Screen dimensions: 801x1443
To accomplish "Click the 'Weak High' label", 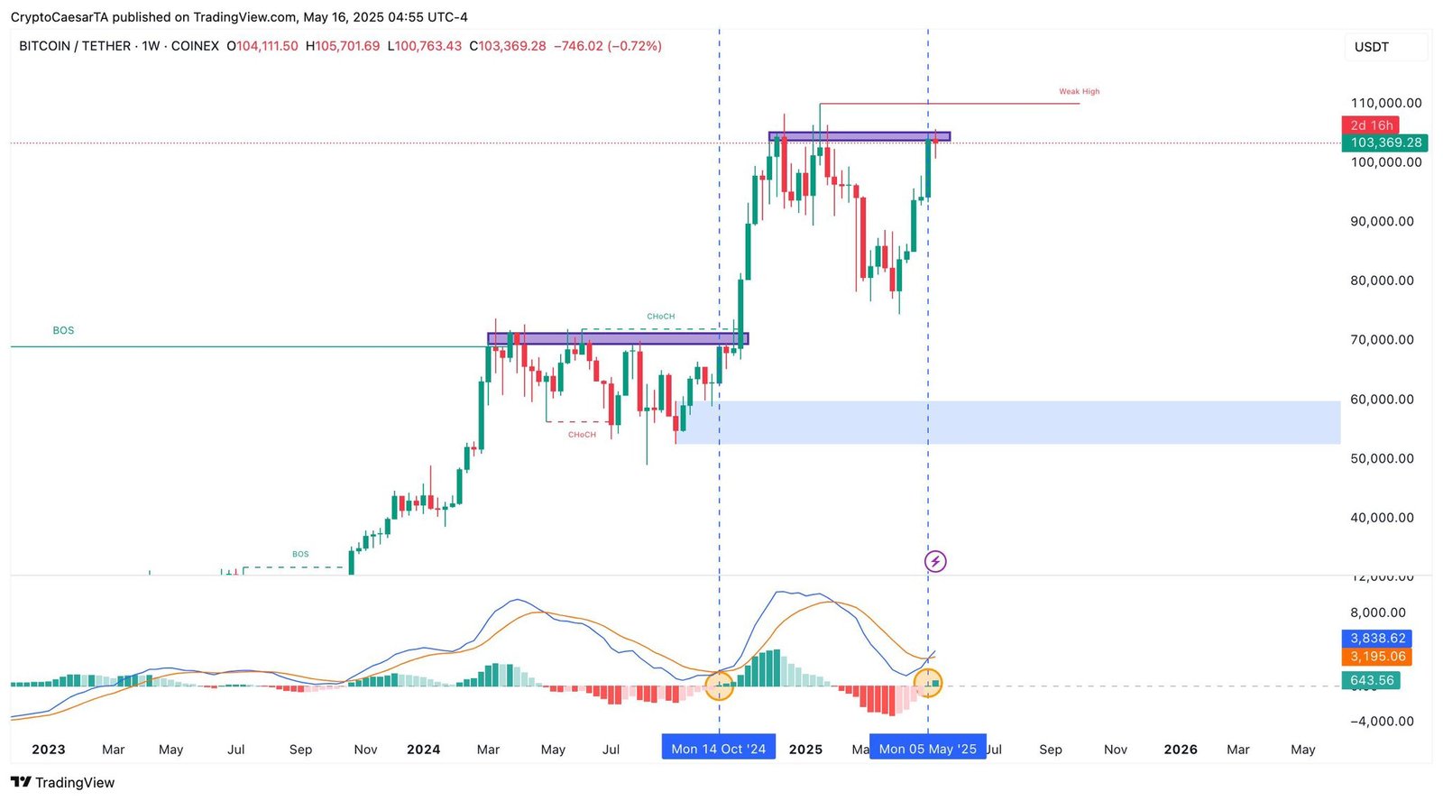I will click(1079, 92).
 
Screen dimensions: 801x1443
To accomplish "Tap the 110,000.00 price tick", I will click(1386, 104).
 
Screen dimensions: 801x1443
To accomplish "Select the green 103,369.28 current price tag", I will click(1384, 143).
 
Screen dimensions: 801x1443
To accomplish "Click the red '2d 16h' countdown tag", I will click(1371, 125).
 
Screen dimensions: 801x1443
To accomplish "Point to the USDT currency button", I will click(1372, 47).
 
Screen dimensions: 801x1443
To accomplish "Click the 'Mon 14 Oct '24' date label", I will click(718, 749).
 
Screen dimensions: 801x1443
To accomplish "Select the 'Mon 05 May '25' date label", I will click(927, 749).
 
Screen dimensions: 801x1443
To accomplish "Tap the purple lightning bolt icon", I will click(935, 562).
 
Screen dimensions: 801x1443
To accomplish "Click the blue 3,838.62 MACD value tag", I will click(1377, 639).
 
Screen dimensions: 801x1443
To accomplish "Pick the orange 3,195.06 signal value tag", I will click(1377, 657).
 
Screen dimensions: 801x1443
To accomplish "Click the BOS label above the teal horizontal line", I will click(63, 331).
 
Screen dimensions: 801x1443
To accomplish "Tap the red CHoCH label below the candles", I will click(582, 435).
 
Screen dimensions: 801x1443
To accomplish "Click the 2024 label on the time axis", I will click(423, 750).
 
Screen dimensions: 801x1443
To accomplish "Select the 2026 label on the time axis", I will click(1180, 750).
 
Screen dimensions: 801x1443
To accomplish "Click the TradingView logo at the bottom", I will click(63, 782).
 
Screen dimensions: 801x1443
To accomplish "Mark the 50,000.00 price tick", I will click(1382, 459).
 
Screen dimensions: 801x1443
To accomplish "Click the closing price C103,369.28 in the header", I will click(508, 46).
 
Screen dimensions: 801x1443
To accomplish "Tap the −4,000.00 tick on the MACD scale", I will click(1382, 722).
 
